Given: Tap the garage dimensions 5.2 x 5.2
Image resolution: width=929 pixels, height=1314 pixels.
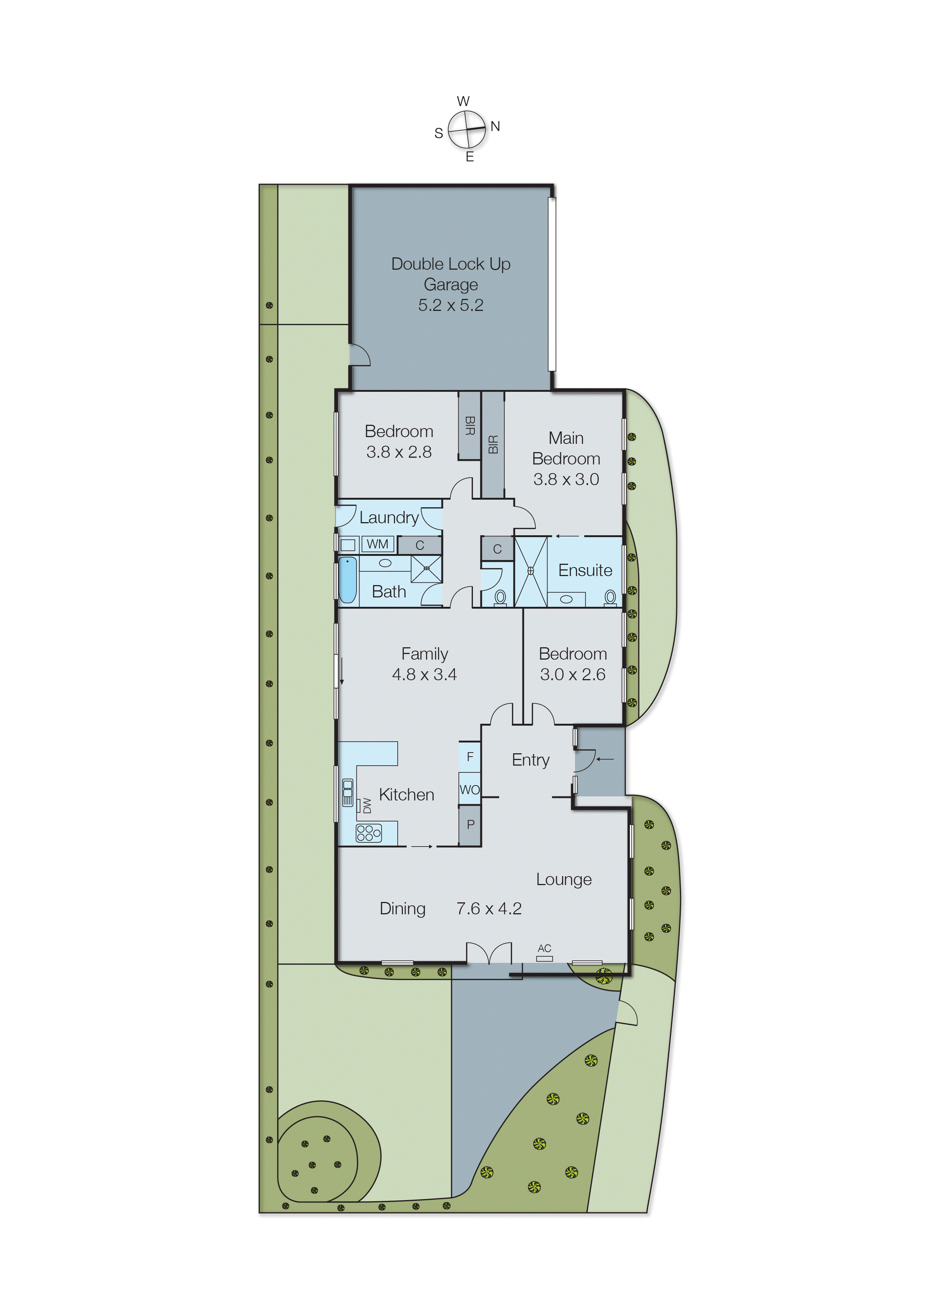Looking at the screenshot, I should tap(451, 305).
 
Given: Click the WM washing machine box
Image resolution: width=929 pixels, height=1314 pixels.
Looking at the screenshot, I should tap(377, 544).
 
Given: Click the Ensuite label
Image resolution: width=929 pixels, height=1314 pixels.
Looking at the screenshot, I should tap(585, 570).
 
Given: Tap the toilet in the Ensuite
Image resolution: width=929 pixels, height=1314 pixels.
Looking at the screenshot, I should tap(610, 597).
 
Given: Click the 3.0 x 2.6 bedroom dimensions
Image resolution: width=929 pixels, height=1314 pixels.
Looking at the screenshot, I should tap(573, 674).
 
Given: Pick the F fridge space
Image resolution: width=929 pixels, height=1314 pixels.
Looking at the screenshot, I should tap(470, 757).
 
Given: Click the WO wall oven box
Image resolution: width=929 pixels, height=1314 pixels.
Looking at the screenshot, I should tap(470, 789).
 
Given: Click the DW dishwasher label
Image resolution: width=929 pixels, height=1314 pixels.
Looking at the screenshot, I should tap(367, 806).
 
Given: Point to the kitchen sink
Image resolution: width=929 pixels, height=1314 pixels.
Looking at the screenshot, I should tap(347, 792).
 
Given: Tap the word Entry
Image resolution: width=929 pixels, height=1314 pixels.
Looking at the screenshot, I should tap(530, 760).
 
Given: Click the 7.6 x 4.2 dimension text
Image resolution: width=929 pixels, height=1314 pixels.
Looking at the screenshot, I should tap(489, 908).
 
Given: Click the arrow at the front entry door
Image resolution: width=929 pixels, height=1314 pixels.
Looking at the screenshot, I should tap(605, 759).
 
